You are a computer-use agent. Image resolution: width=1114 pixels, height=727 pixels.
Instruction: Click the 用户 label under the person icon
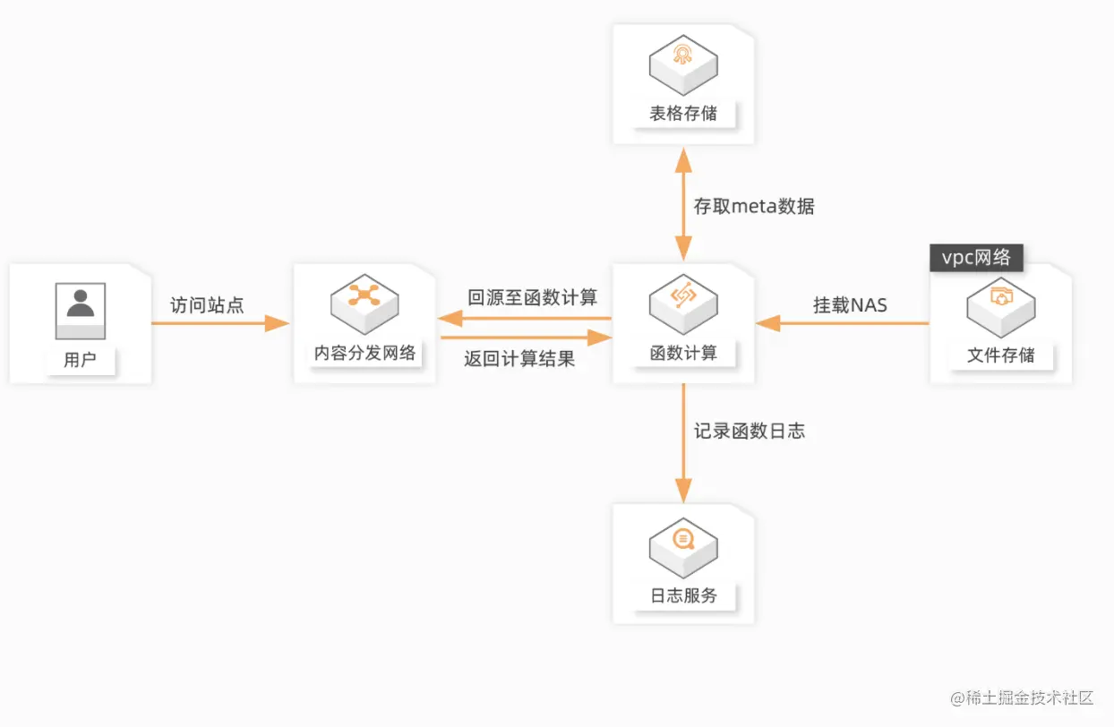(80, 360)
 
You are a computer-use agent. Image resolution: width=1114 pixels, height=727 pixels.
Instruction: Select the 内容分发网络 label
(364, 353)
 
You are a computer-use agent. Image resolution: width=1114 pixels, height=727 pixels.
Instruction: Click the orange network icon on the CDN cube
(364, 295)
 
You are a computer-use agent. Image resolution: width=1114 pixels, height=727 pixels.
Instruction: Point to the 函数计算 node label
(683, 353)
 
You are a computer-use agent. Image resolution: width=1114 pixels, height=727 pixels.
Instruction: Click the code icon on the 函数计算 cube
(683, 295)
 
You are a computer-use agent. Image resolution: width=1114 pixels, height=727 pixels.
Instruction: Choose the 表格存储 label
(683, 114)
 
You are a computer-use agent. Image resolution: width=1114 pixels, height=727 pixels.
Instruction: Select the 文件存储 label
(1000, 355)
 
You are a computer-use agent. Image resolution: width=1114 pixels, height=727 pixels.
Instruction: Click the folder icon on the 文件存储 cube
(1001, 297)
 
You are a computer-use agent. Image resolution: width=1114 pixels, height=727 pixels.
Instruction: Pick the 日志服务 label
(683, 595)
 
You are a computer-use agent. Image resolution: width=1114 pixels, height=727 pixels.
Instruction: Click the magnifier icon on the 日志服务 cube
(683, 539)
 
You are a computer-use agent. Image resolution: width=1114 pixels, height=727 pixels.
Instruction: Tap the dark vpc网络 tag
(976, 258)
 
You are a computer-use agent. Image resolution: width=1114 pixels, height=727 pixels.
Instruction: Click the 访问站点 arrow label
(207, 304)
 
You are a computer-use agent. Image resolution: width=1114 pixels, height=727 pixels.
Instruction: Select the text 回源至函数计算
(533, 297)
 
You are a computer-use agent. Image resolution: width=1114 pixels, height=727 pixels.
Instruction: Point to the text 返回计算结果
(519, 358)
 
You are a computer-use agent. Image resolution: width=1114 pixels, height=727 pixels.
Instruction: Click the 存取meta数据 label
(754, 206)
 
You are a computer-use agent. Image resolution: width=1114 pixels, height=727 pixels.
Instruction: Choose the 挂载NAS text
(850, 304)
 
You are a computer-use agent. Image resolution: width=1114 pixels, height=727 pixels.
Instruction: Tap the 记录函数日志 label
(749, 431)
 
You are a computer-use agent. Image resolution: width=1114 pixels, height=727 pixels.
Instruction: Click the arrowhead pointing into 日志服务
(683, 491)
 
